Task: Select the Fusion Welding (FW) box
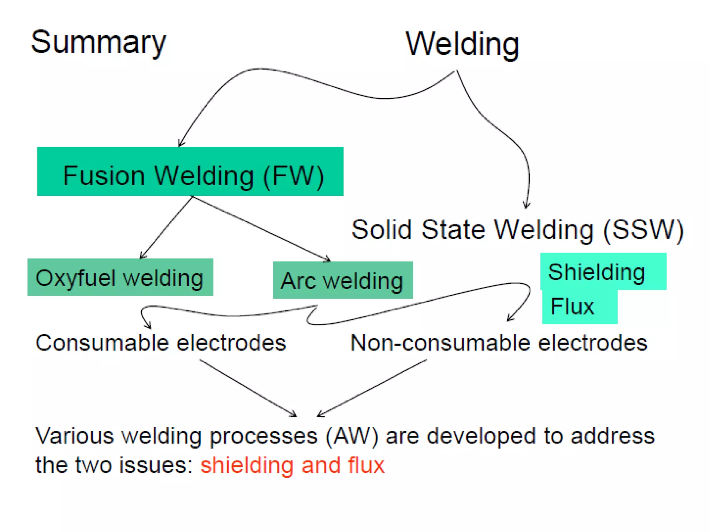[x=190, y=172]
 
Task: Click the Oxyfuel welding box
[x=120, y=277]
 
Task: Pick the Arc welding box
[x=343, y=280]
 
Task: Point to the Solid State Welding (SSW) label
[x=518, y=230]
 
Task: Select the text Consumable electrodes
[x=161, y=343]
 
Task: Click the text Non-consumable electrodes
[x=499, y=343]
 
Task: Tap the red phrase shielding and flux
[x=292, y=465]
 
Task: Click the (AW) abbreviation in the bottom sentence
[x=352, y=436]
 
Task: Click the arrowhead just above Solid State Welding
[x=526, y=206]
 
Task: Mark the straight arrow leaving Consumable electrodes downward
[x=248, y=388]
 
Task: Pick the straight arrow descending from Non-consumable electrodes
[x=372, y=388]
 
